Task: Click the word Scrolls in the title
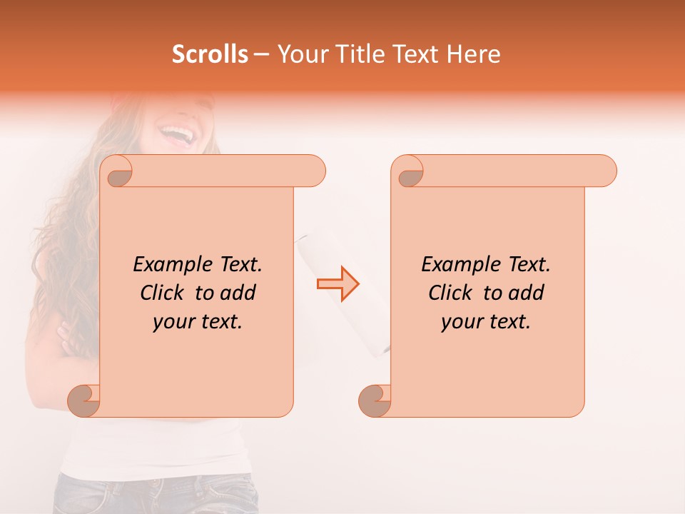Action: [x=210, y=54]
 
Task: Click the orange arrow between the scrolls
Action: [x=338, y=283]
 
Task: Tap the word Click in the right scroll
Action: [x=450, y=293]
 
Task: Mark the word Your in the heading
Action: [x=299, y=54]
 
